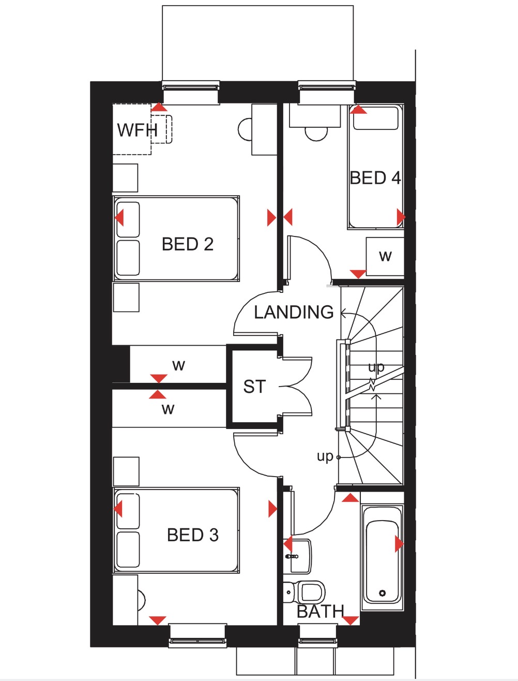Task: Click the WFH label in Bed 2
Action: pyautogui.click(x=137, y=129)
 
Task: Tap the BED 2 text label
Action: pyautogui.click(x=188, y=244)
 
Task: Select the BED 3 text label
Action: pyautogui.click(x=192, y=535)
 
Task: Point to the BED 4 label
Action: pyautogui.click(x=375, y=178)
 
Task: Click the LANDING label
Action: pyautogui.click(x=294, y=312)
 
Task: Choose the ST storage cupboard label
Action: pyautogui.click(x=254, y=387)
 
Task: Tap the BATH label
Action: pyautogui.click(x=320, y=612)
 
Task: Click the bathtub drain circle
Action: pyautogui.click(x=383, y=593)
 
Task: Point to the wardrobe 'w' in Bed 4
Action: pyautogui.click(x=385, y=256)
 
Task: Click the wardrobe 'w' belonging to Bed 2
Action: pyautogui.click(x=178, y=365)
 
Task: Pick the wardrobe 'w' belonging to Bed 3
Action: pyautogui.click(x=168, y=409)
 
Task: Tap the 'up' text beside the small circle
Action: pyautogui.click(x=325, y=456)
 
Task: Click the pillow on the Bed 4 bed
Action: pyautogui.click(x=375, y=119)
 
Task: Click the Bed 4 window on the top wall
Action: pyautogui.click(x=327, y=85)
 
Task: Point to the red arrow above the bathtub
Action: pyautogui.click(x=351, y=498)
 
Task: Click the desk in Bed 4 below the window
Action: pyautogui.click(x=315, y=115)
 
